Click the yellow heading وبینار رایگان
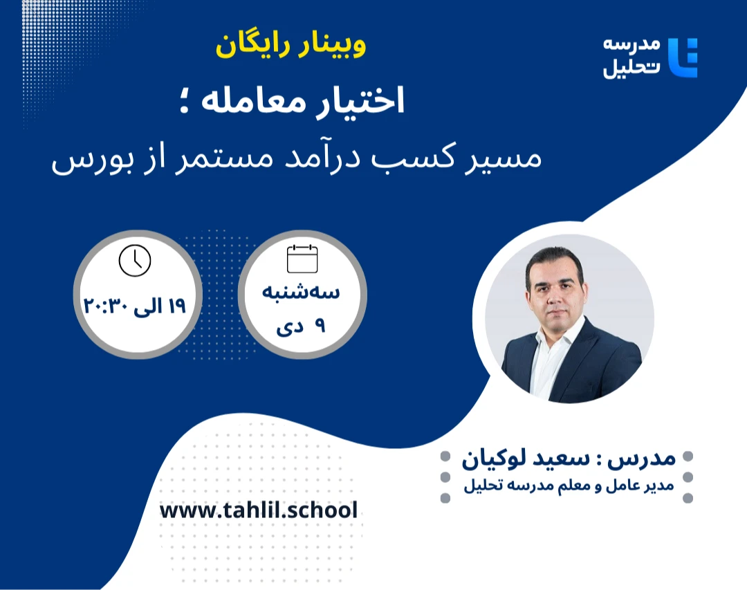[290, 45]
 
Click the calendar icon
[302, 259]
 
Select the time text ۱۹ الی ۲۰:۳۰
[136, 305]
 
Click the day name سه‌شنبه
[301, 293]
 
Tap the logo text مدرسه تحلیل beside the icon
[631, 58]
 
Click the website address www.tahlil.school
[259, 511]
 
